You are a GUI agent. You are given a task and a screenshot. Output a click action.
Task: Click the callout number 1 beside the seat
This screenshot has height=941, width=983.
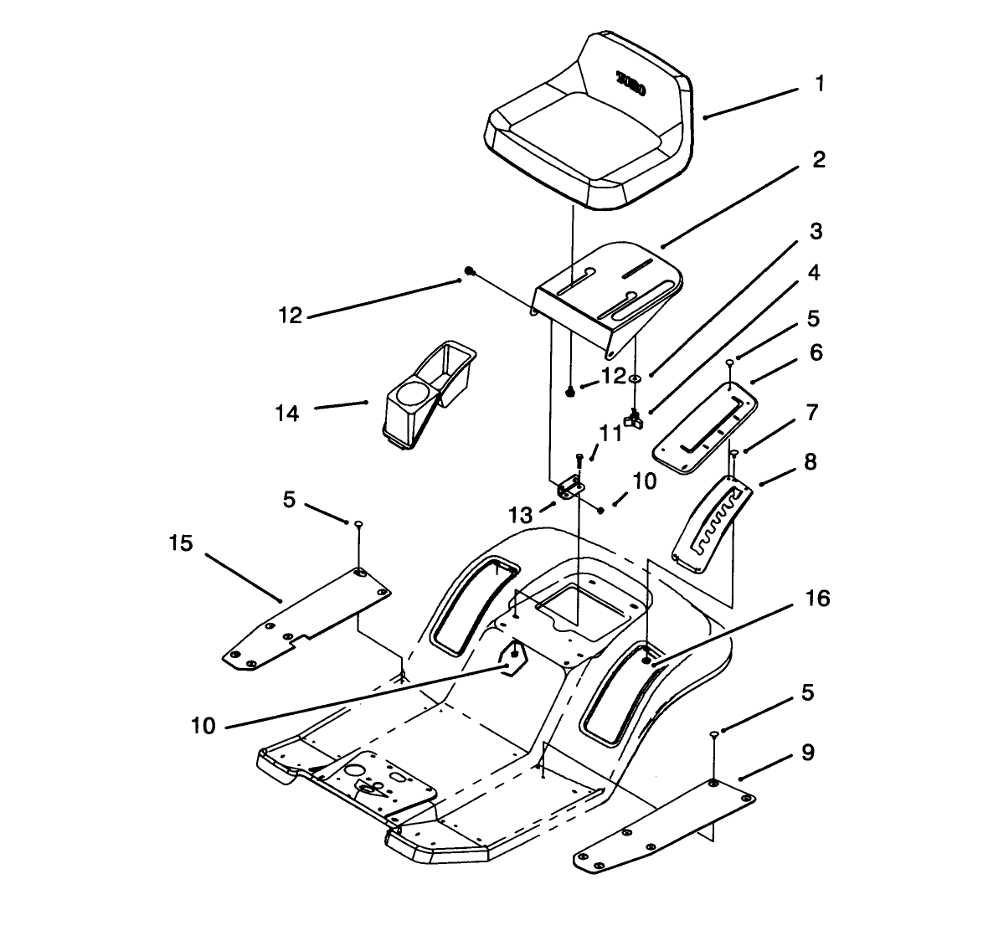coord(820,85)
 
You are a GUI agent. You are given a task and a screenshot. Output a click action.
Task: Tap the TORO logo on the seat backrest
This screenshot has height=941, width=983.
coord(630,85)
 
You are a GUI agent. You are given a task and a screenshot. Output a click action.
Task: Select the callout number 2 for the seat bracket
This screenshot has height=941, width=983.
coord(818,159)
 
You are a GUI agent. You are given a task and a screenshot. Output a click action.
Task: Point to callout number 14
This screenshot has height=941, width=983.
coord(287,413)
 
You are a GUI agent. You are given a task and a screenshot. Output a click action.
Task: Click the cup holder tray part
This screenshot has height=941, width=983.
coord(427,389)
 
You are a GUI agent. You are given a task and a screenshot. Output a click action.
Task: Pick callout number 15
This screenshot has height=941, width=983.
coord(181,543)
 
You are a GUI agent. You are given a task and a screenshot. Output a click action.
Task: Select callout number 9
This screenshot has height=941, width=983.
coord(807,753)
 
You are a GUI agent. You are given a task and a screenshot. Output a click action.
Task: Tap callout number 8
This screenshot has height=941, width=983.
coord(810,461)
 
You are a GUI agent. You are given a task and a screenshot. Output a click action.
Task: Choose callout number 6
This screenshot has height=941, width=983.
coord(815,352)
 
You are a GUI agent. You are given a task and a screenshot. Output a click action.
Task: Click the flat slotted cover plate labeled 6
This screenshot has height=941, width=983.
coord(705,426)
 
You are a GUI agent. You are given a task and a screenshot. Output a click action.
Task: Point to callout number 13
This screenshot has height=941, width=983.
coord(521,512)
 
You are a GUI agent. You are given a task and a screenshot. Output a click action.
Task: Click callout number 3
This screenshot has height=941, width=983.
coord(815,231)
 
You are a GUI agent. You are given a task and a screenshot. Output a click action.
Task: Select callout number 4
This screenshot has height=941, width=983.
coord(813,273)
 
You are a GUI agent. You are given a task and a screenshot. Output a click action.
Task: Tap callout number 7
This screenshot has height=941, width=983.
coord(810,412)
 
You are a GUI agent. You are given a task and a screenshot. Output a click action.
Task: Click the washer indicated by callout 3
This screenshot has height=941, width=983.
coord(636,379)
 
